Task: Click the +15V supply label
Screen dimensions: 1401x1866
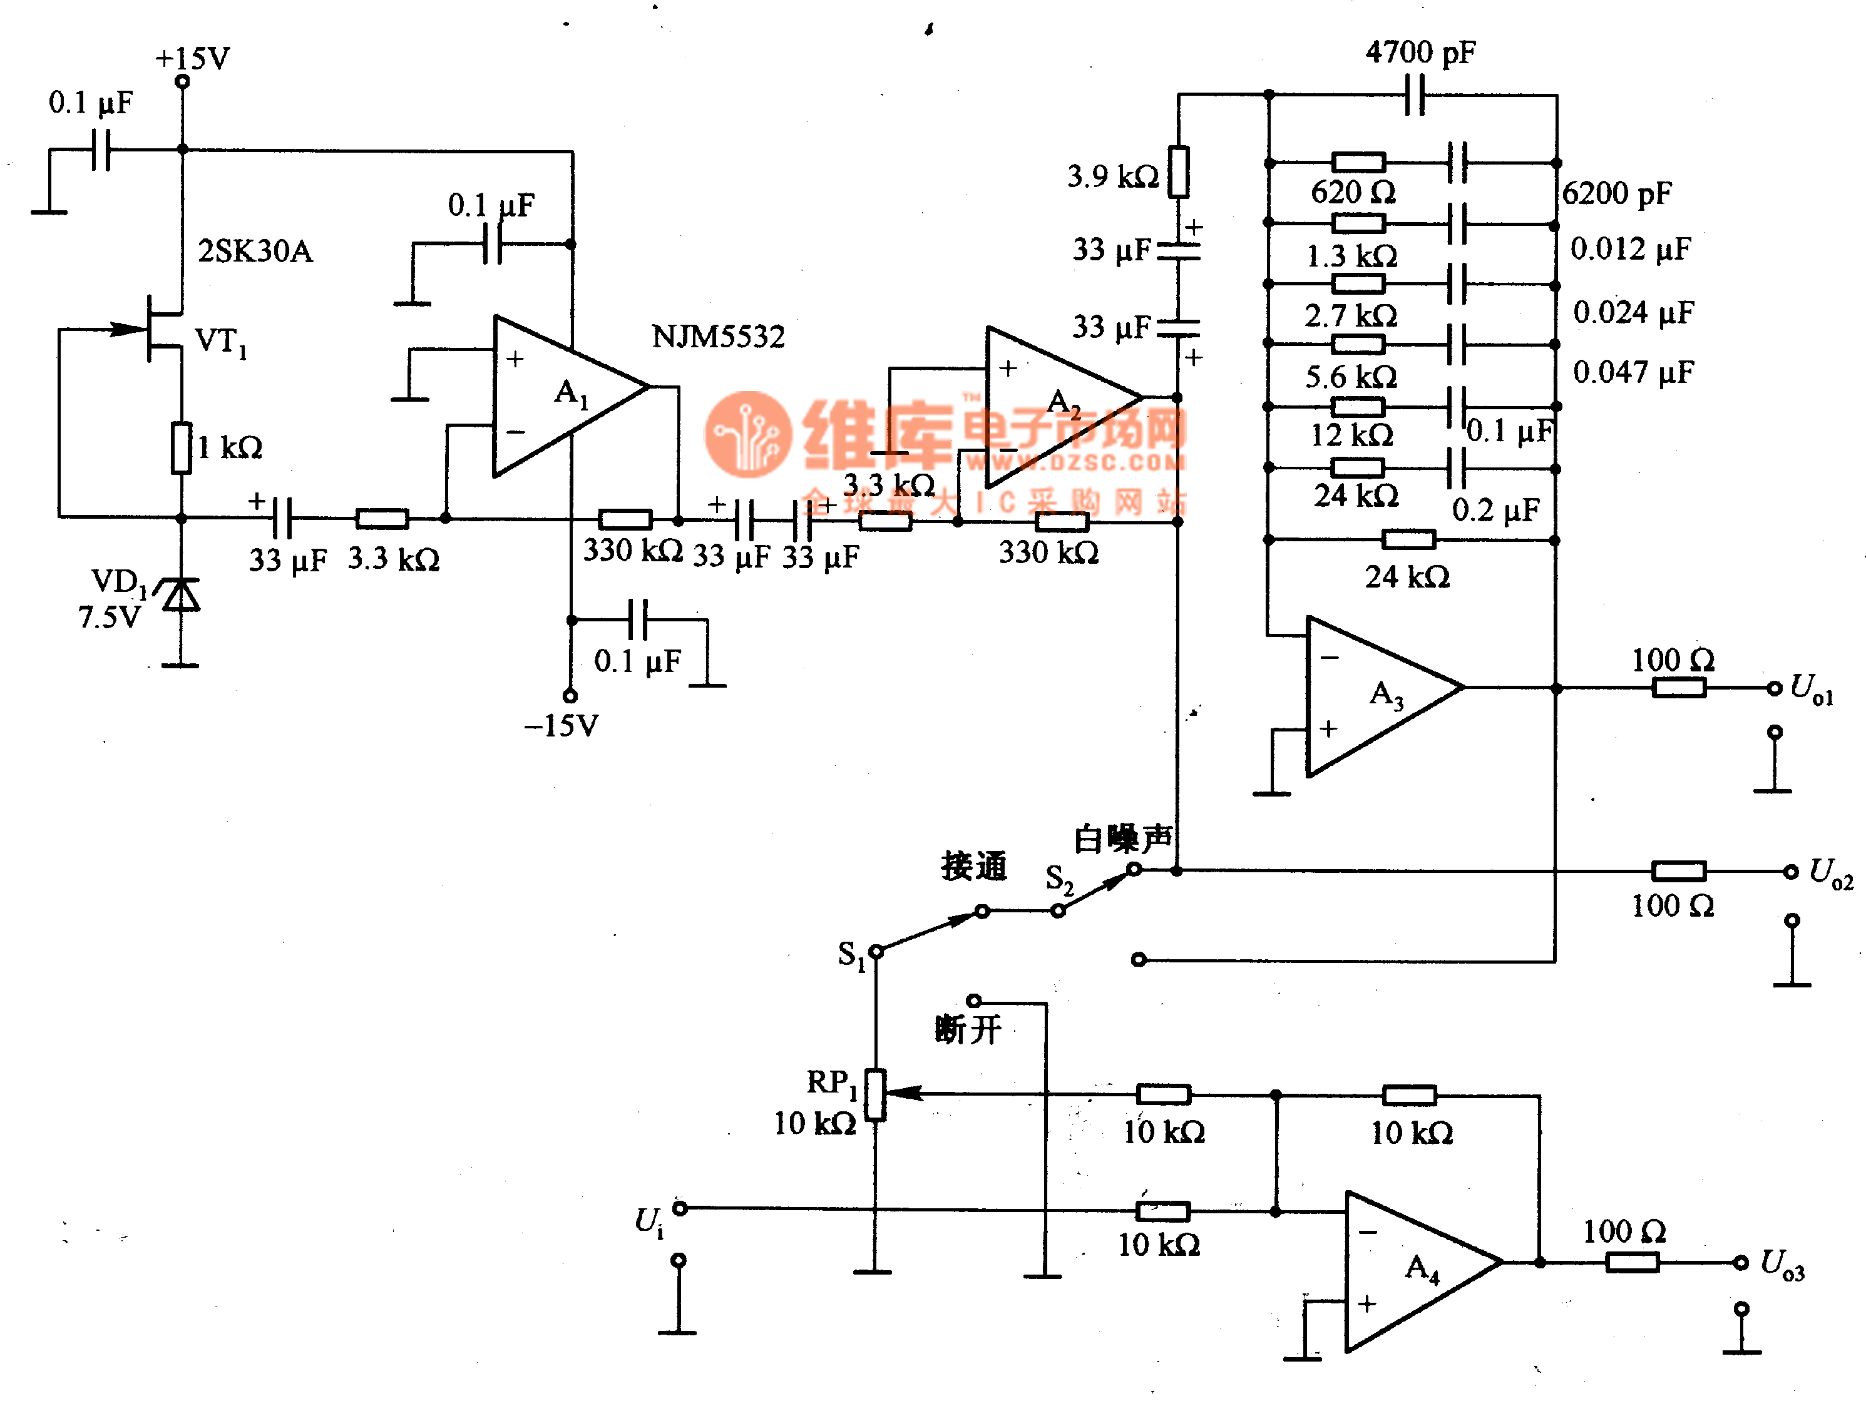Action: pyautogui.click(x=192, y=58)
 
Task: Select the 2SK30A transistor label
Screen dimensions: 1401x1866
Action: pyautogui.click(x=255, y=252)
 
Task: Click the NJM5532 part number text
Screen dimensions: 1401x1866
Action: pyautogui.click(x=718, y=337)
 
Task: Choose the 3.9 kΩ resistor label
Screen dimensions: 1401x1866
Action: pyautogui.click(x=1112, y=176)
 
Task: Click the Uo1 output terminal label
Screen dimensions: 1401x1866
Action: pyautogui.click(x=1811, y=688)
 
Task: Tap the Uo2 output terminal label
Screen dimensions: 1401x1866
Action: pyautogui.click(x=1830, y=872)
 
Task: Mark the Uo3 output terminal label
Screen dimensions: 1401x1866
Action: pyautogui.click(x=1781, y=1265)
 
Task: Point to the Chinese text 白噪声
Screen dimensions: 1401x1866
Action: pyautogui.click(x=1123, y=838)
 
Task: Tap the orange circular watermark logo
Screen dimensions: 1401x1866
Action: pyautogui.click(x=747, y=434)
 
